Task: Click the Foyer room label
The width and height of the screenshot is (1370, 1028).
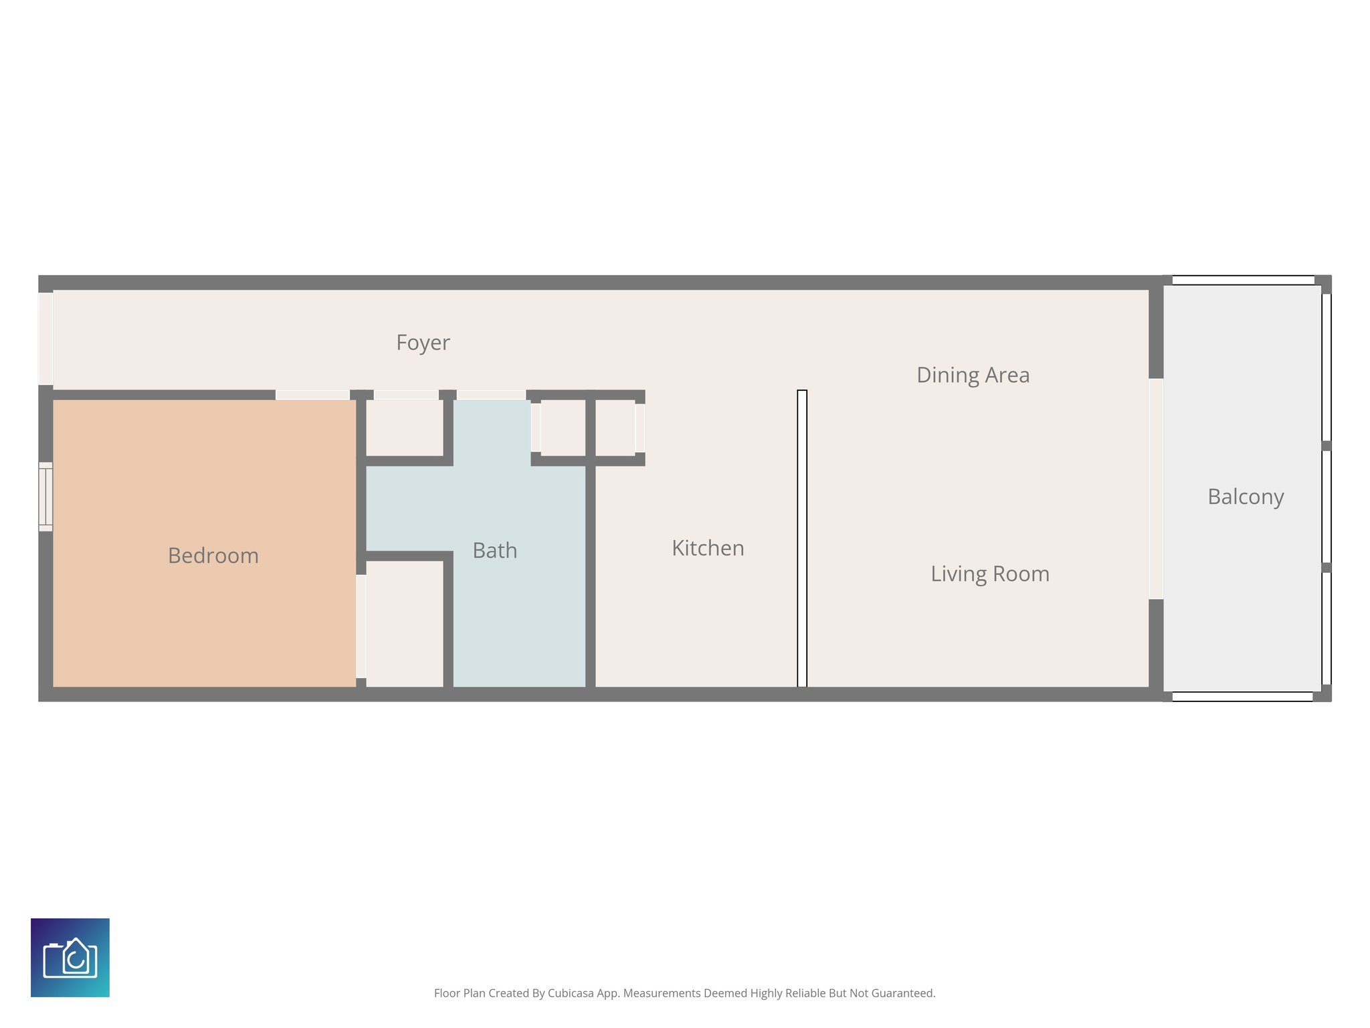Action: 423,343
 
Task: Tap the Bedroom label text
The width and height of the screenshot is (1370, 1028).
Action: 213,555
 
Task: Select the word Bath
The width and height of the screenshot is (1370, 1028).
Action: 494,550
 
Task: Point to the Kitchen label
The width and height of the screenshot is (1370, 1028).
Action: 708,548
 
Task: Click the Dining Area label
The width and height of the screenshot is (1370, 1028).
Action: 973,375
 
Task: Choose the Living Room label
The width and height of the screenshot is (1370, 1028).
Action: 990,574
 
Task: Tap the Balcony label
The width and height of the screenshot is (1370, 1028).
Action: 1246,497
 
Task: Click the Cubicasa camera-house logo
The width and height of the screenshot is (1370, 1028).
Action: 70,957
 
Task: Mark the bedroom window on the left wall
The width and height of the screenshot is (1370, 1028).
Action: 45,497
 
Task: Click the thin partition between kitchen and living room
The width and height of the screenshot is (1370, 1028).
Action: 802,538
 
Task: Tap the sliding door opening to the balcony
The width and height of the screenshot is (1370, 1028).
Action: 1156,489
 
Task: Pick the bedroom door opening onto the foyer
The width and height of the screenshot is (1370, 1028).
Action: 312,395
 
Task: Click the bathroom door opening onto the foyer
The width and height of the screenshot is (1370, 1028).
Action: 491,395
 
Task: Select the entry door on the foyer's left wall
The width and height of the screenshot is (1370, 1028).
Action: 45,338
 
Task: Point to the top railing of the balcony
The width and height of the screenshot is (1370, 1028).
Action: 1243,280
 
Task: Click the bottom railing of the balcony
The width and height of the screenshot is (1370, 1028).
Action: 1242,697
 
